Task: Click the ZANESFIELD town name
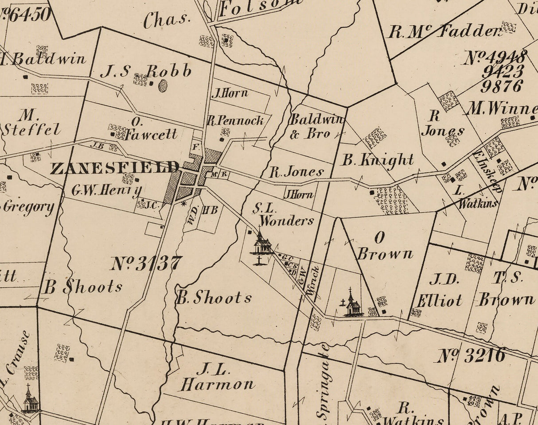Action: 114,168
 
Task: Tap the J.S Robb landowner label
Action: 146,71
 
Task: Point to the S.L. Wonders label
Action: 284,214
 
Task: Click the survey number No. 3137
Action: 146,263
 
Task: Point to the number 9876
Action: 502,86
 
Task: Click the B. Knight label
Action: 378,160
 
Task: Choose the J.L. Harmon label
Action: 217,377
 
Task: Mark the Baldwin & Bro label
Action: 316,126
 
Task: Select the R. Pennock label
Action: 235,120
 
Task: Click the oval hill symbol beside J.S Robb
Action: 163,86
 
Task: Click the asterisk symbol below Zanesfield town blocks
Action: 183,204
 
